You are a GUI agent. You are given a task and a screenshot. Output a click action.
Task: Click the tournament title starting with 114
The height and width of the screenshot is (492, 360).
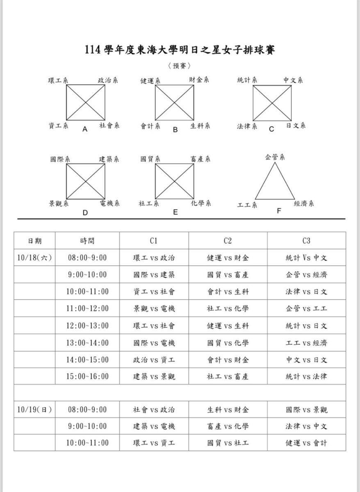click(180, 50)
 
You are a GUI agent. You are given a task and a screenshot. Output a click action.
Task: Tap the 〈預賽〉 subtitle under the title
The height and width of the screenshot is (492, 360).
click(180, 66)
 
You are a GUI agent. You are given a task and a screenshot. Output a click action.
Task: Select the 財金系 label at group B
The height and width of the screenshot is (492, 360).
click(199, 80)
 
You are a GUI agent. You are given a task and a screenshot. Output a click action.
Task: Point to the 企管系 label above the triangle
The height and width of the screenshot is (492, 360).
click(275, 157)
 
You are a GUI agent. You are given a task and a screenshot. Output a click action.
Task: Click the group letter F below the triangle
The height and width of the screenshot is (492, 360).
click(279, 211)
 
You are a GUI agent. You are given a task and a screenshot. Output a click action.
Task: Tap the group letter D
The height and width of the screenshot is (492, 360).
click(85, 212)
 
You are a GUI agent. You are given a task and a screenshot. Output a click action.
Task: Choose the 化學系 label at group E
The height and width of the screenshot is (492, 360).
click(201, 203)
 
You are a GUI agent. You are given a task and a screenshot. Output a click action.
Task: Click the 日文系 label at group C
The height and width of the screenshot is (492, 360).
click(296, 125)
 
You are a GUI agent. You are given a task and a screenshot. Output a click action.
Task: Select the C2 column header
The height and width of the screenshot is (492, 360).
click(228, 241)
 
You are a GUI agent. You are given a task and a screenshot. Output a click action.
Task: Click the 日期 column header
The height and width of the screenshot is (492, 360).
click(34, 241)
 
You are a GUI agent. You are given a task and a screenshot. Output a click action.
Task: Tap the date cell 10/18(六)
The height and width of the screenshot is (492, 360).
click(34, 258)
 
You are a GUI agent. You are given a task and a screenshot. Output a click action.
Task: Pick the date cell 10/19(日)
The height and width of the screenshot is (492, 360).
click(34, 410)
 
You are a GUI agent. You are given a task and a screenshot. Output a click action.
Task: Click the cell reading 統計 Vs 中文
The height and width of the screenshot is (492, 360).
click(306, 258)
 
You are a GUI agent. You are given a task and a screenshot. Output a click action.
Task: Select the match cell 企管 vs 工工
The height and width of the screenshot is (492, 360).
click(306, 309)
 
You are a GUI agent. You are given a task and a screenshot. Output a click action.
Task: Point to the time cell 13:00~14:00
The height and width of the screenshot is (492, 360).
click(87, 343)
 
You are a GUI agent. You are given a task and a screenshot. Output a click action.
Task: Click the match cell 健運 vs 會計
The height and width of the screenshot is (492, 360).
click(306, 443)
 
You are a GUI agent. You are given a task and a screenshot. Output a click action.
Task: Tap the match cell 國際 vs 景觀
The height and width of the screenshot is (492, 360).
click(306, 410)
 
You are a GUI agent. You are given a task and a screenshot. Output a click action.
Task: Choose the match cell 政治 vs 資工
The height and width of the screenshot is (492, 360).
click(154, 360)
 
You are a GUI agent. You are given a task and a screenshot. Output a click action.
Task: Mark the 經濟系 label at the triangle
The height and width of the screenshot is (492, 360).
click(304, 204)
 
